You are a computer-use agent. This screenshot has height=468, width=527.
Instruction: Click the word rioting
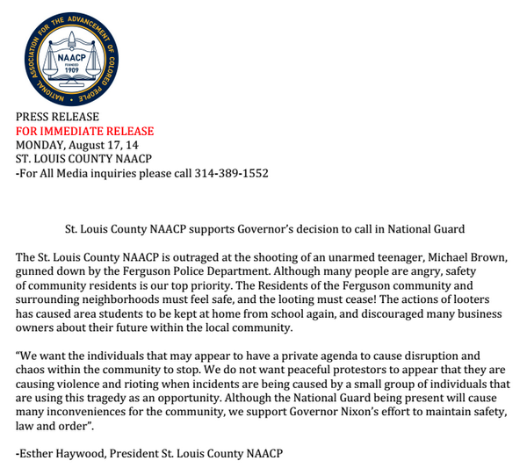(x=135, y=384)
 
